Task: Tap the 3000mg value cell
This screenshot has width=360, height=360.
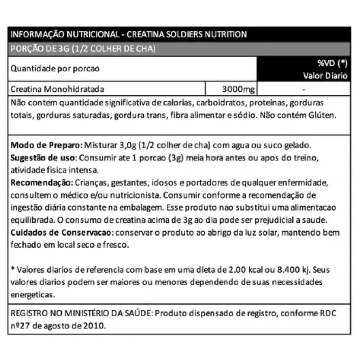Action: coord(238,89)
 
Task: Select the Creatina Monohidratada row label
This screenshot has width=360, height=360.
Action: coord(58,89)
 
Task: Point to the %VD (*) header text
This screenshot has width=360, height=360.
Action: coord(332,64)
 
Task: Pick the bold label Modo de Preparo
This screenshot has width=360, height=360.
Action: coord(46,146)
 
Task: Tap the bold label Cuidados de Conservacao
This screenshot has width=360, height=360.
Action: coord(61,233)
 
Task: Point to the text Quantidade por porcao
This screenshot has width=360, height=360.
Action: coord(55,69)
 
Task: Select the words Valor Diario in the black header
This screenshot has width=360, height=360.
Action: coord(325,76)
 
